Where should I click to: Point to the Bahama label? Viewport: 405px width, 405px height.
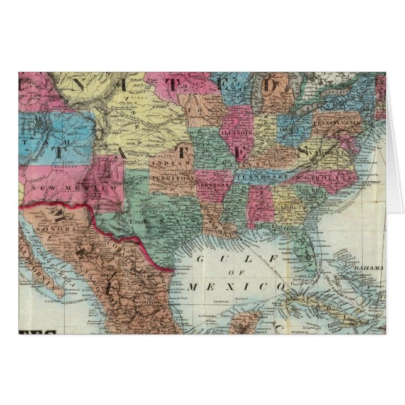coord(367,269)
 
